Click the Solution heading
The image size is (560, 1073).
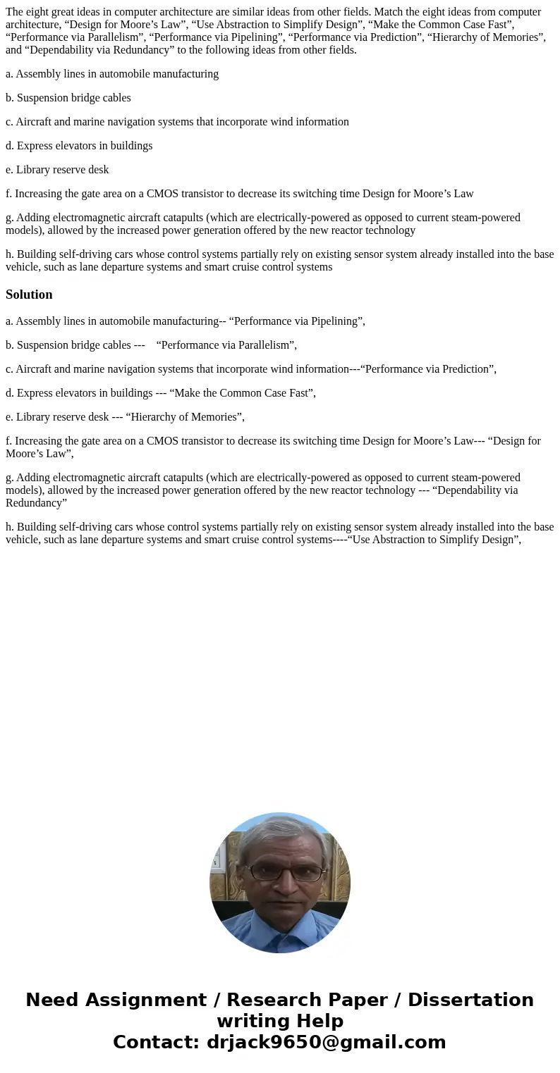pyautogui.click(x=29, y=294)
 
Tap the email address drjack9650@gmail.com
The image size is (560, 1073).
pyautogui.click(x=326, y=1042)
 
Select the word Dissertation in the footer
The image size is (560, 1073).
pyautogui.click(x=470, y=1000)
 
